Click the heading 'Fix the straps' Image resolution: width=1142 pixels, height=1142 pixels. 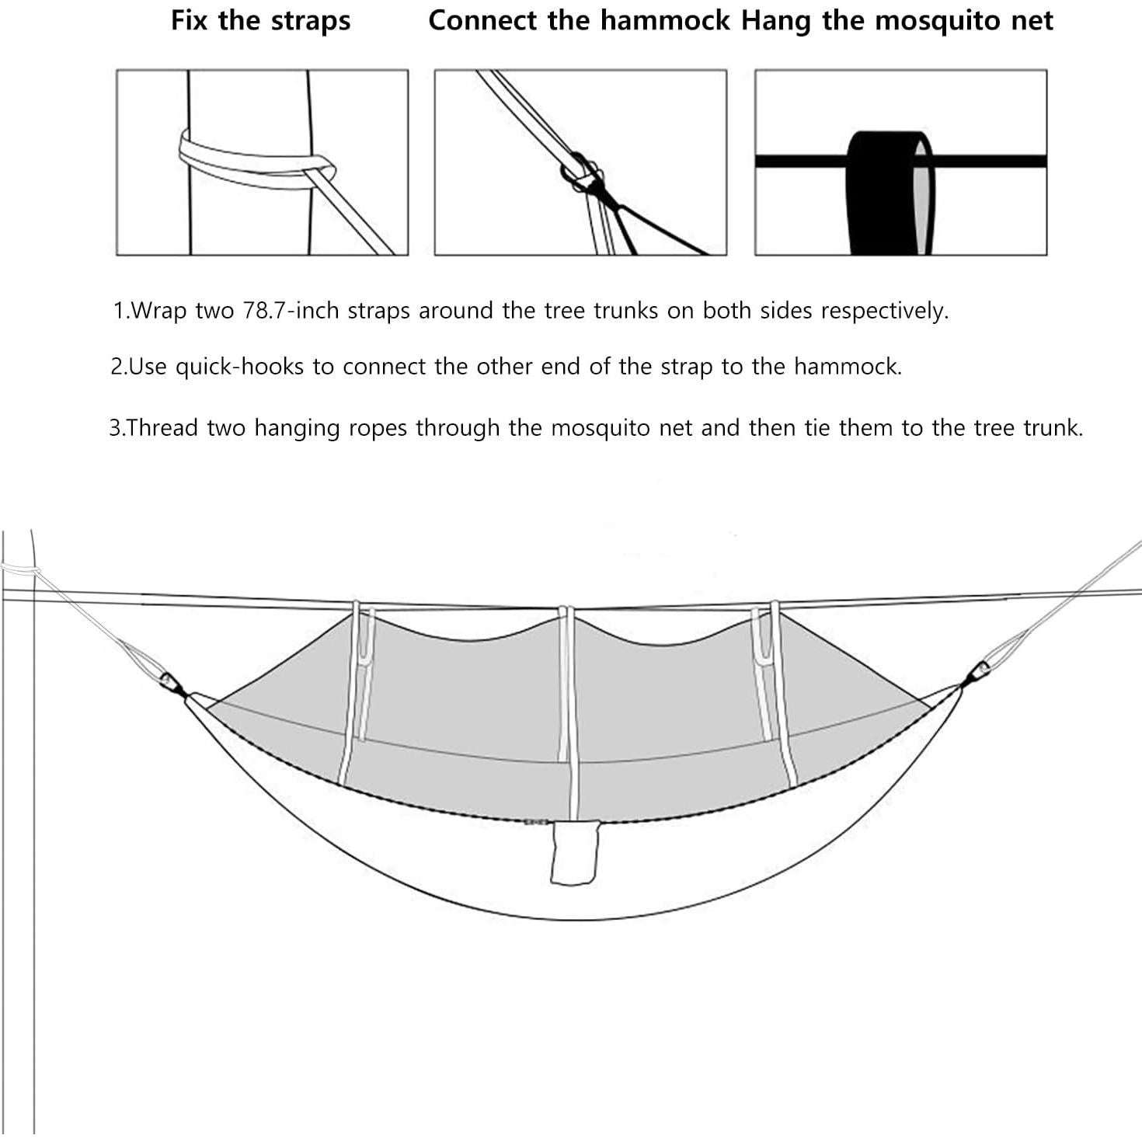point(260,21)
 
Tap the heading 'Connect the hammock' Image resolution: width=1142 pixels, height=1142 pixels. point(579,21)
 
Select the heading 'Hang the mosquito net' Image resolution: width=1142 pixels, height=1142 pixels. point(897,21)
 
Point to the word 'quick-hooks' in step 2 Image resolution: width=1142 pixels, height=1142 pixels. point(239,367)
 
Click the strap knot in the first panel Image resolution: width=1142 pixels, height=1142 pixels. point(320,167)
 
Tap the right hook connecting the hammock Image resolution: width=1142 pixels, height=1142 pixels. point(980,670)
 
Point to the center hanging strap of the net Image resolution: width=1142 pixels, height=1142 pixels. point(566,684)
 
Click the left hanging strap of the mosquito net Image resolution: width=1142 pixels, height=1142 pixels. point(361,676)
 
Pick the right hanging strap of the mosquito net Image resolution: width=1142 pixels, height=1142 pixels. point(765,676)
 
